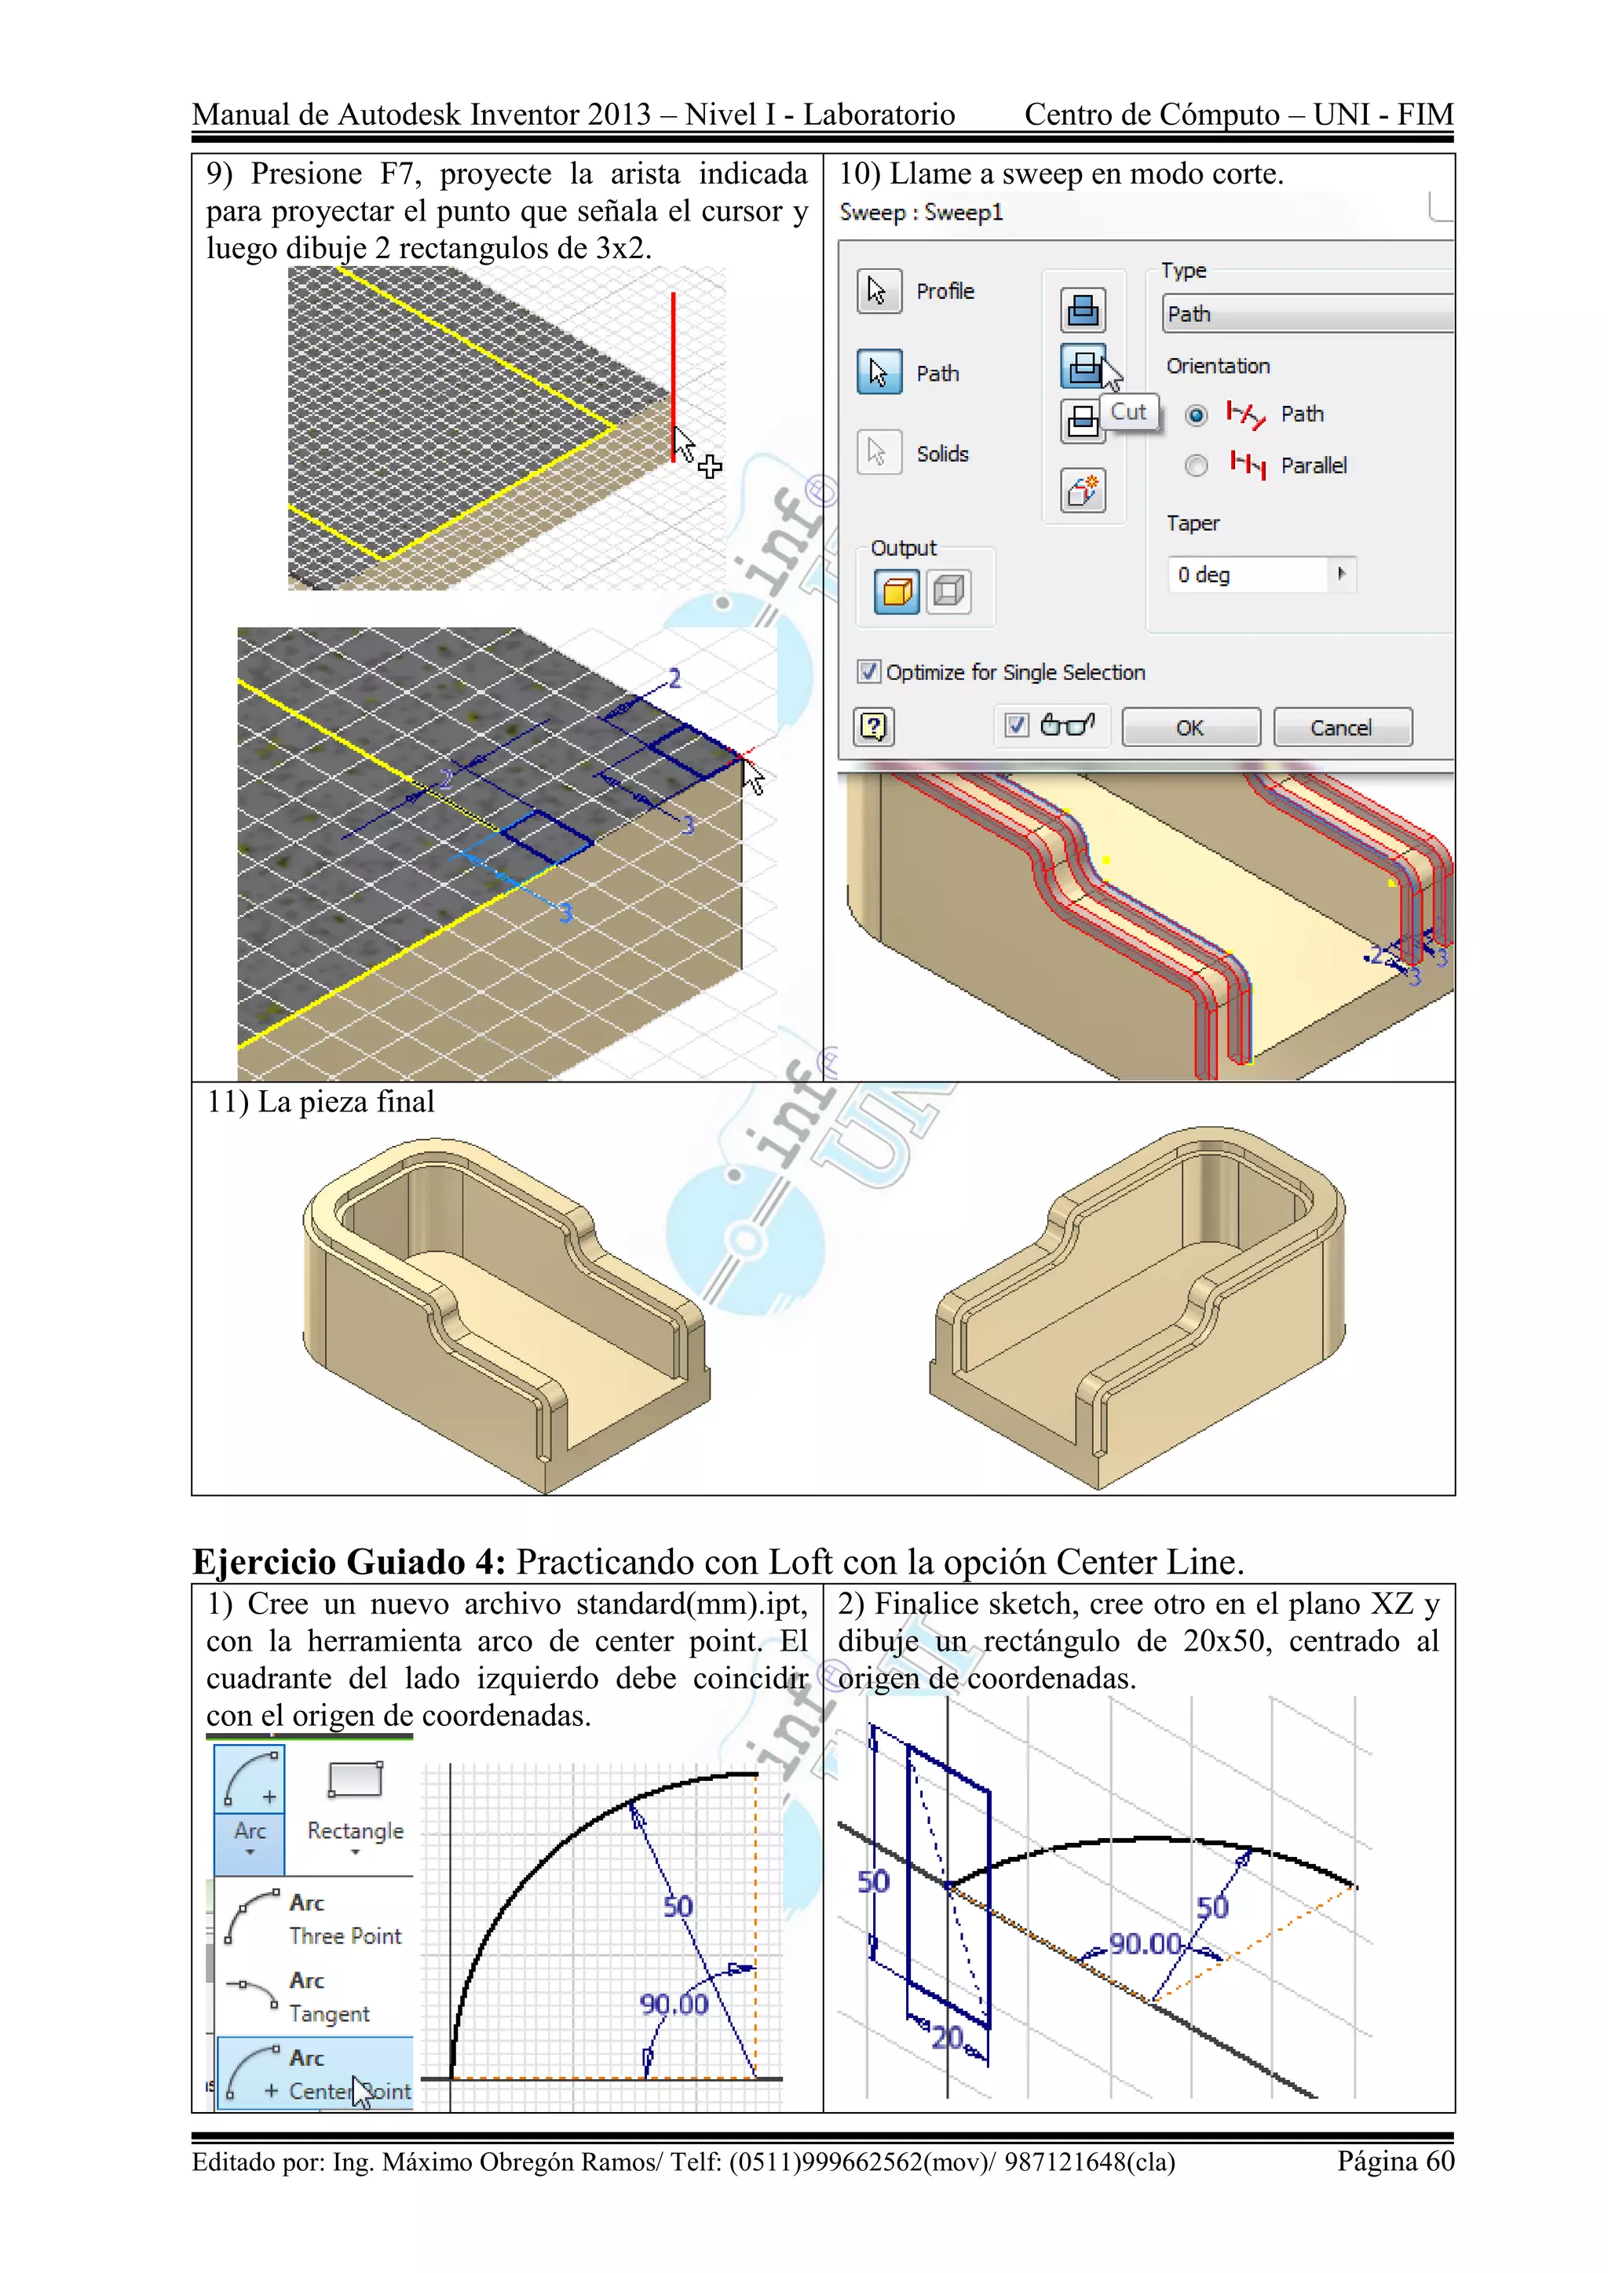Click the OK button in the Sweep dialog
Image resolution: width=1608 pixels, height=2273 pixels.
click(1190, 728)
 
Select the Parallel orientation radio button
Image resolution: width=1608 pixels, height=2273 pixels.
click(1196, 465)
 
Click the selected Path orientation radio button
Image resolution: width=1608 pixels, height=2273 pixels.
click(1196, 414)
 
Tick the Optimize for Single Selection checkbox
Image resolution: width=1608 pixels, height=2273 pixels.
click(868, 672)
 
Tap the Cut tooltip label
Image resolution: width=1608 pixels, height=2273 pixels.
click(1127, 412)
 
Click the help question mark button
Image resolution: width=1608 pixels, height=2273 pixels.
click(873, 728)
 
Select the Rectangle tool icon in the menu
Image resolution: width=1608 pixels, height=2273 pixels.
click(354, 1780)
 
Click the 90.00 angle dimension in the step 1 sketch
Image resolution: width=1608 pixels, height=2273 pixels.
click(674, 2005)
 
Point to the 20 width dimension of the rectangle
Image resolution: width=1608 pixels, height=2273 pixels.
click(947, 2038)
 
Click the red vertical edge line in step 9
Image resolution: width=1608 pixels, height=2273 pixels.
click(674, 367)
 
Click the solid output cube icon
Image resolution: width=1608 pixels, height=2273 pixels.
click(897, 592)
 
